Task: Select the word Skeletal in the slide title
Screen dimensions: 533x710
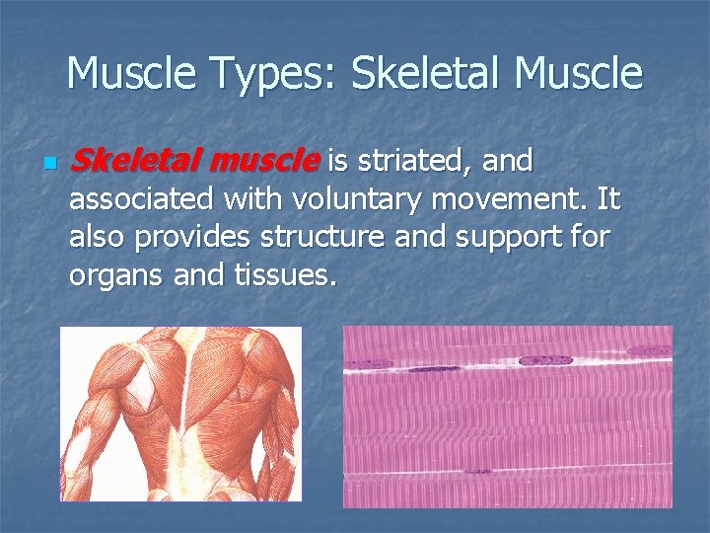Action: click(x=427, y=74)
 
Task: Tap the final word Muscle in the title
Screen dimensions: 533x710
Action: click(x=579, y=74)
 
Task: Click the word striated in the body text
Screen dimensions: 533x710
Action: click(x=408, y=160)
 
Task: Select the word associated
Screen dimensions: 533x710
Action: click(x=141, y=199)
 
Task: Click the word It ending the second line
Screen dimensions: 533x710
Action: click(x=608, y=199)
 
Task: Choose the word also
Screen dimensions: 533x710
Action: click(x=99, y=238)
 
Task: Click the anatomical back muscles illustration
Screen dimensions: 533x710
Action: click(x=181, y=415)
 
